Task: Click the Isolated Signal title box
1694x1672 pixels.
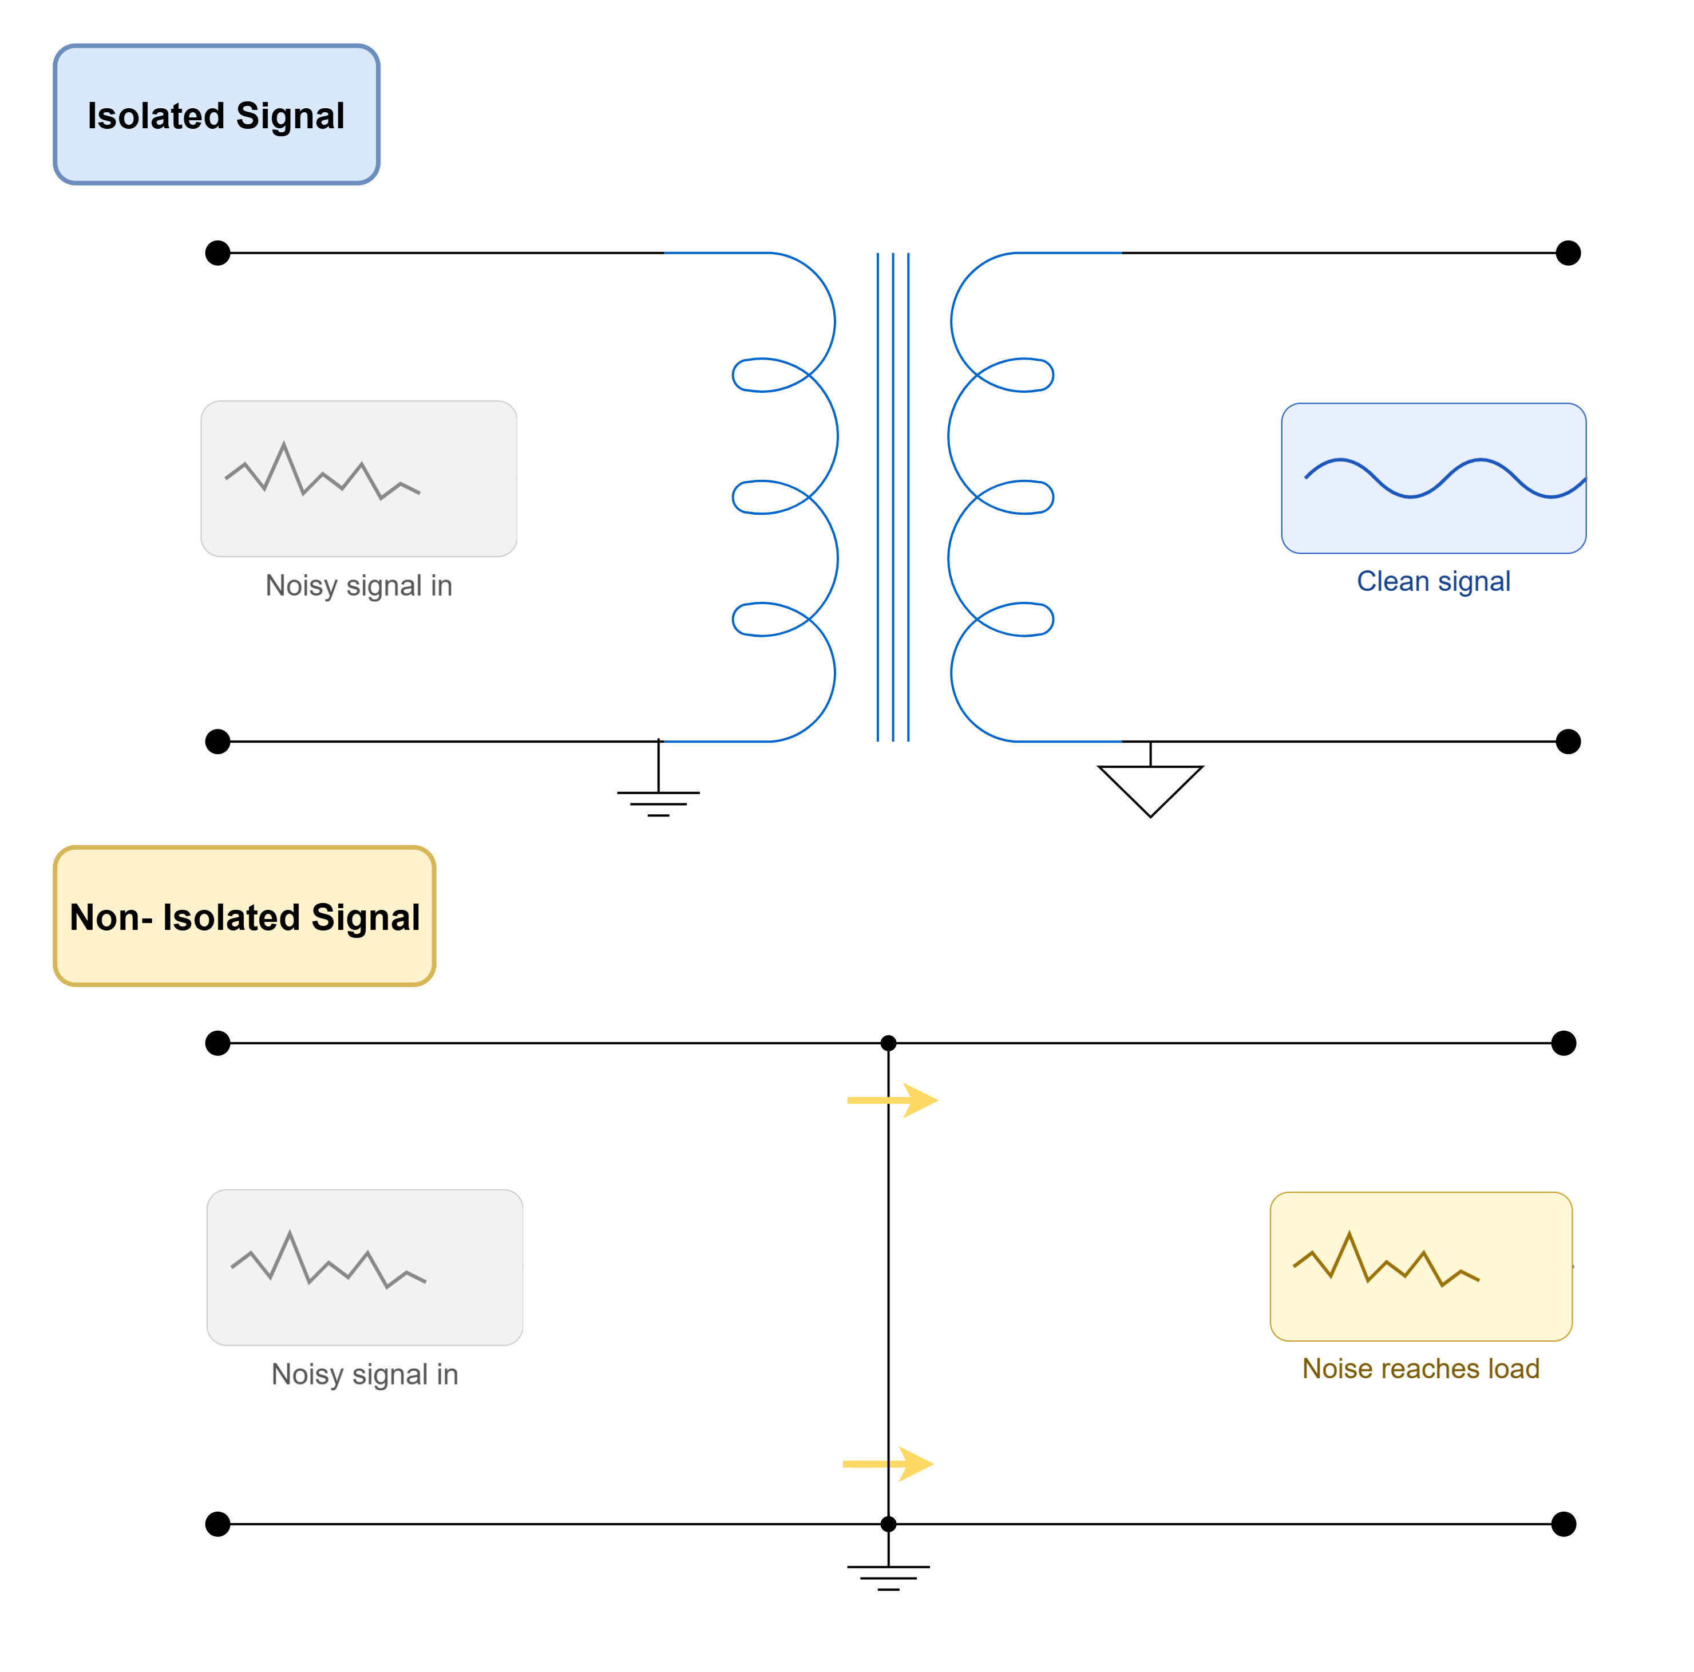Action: (x=216, y=115)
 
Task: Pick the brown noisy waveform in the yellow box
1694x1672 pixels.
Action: (x=1386, y=1259)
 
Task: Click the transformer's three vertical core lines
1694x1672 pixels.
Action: (x=893, y=496)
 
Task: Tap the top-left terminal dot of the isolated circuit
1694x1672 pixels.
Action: (x=217, y=253)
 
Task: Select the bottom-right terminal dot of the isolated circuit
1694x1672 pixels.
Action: (x=1568, y=742)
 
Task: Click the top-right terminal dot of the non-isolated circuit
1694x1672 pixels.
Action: (x=1564, y=1043)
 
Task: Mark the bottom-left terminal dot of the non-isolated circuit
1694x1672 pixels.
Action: (x=217, y=1524)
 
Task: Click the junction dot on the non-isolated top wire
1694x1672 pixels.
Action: (x=888, y=1043)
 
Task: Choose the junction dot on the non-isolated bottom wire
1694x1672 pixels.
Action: (x=888, y=1524)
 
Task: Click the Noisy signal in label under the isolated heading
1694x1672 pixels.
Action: (x=359, y=585)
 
